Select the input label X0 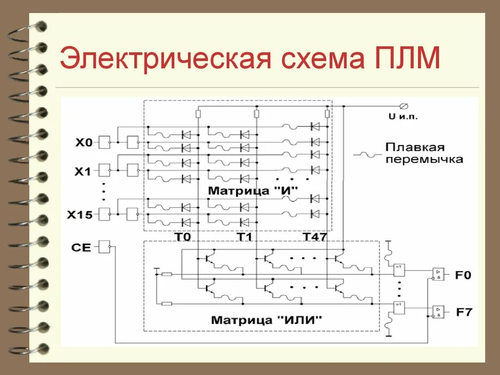tap(83, 143)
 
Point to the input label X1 tap(83, 171)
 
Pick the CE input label tap(81, 248)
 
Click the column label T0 tap(183, 237)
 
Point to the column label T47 tap(314, 237)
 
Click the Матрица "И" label tap(252, 189)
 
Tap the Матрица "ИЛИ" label tap(267, 320)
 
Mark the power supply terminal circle tap(403, 106)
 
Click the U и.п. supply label tap(403, 117)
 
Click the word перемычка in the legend tap(423, 160)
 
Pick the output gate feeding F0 tap(438, 274)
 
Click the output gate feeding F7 tap(438, 311)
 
